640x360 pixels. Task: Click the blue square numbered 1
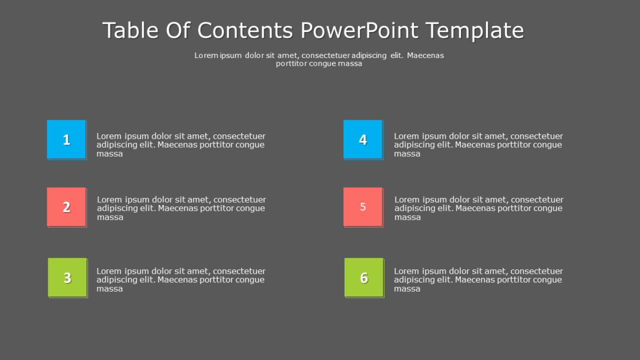click(x=66, y=139)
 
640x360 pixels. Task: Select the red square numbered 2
click(x=66, y=207)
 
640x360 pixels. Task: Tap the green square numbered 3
click(x=67, y=278)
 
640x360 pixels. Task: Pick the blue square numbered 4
click(x=363, y=139)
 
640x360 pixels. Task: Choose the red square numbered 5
click(x=363, y=207)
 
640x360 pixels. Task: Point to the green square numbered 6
click(x=364, y=278)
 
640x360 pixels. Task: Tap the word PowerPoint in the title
click(x=360, y=30)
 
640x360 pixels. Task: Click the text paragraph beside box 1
click(x=181, y=145)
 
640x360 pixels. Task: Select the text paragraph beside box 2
click(x=181, y=208)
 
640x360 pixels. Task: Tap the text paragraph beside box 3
click(x=181, y=280)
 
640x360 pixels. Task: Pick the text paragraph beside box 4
click(x=478, y=145)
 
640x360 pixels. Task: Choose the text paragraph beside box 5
click(x=478, y=208)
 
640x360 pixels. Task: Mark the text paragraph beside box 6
click(x=478, y=280)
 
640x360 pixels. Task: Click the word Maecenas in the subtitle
click(x=425, y=55)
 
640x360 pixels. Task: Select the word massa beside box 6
click(x=407, y=289)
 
